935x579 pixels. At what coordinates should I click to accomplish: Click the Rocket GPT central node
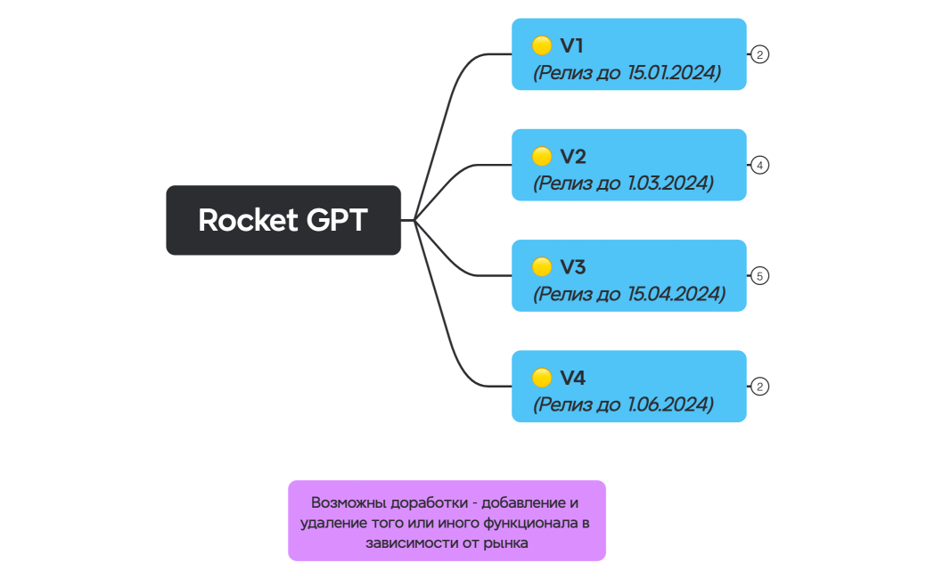tap(283, 220)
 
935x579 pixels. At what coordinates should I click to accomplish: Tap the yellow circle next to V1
tap(542, 45)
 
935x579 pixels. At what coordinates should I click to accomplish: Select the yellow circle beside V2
tap(542, 157)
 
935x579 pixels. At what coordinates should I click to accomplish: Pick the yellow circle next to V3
tap(542, 267)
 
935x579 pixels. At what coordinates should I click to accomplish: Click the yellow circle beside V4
tap(542, 378)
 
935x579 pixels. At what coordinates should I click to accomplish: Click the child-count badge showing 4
tap(759, 165)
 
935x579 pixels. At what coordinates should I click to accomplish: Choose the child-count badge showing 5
tap(759, 276)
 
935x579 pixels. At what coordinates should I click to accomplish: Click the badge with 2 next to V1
tap(759, 54)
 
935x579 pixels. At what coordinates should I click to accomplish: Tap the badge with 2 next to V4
tap(759, 387)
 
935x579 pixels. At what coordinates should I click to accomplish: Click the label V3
tap(572, 267)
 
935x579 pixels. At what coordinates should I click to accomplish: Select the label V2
tap(572, 157)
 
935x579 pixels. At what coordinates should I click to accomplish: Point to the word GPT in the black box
tap(337, 220)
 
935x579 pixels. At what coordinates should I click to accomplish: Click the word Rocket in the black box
tap(246, 220)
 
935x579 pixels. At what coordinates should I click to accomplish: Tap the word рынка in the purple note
tap(509, 542)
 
